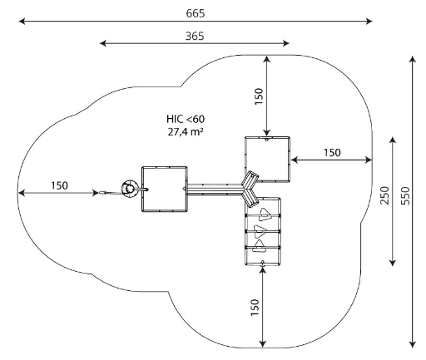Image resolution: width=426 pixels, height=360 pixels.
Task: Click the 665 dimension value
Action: coord(196,13)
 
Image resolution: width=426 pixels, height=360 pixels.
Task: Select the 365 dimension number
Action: coord(195,36)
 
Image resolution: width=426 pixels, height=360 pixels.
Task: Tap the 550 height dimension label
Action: coord(405,195)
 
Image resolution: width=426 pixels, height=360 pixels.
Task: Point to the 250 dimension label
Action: coord(384,195)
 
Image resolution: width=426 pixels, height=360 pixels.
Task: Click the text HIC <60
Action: coord(186,119)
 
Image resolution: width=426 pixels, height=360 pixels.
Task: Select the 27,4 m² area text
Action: coord(186,131)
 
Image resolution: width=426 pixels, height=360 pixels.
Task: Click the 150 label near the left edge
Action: coord(59,185)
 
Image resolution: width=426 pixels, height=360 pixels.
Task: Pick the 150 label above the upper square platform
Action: coord(259,96)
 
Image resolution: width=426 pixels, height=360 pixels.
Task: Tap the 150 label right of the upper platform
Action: coord(332,152)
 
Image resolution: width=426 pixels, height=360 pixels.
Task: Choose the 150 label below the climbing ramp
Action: coord(255,308)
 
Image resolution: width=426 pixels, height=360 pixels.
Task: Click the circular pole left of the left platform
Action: coord(130,189)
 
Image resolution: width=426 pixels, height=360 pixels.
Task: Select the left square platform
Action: coord(165,190)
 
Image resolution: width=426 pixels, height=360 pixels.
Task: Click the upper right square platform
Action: coord(267,159)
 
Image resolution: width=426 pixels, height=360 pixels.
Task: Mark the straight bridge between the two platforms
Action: coord(215,190)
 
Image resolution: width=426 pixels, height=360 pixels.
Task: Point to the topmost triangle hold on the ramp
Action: coord(265,215)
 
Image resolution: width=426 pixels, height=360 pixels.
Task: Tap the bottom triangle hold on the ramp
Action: coord(260,247)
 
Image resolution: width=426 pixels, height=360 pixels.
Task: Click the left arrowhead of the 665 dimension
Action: coord(22,21)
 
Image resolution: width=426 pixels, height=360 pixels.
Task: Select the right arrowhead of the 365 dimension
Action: coord(286,43)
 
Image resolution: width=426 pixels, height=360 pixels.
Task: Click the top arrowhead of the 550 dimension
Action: coord(413,60)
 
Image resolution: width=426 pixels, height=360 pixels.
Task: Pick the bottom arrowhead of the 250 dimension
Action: coord(393,263)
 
